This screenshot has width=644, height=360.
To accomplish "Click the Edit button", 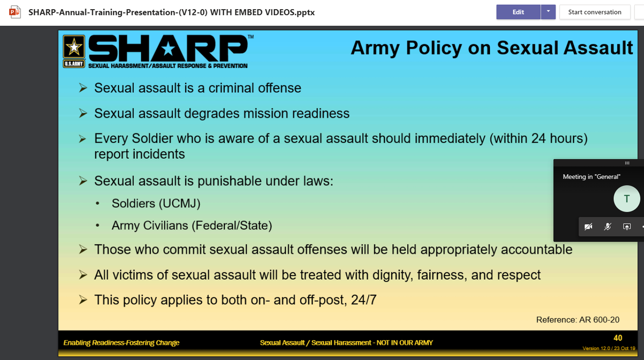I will tap(518, 12).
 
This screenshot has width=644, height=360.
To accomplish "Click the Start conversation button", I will tap(594, 12).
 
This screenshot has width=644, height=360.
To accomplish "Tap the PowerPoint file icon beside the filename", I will tap(14, 12).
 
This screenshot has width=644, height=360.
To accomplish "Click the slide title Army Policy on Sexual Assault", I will tap(492, 48).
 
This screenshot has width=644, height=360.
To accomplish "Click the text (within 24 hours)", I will tap(538, 138).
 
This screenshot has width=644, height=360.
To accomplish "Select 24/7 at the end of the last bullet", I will tap(363, 300).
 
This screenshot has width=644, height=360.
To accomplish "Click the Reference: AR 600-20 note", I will tap(577, 320).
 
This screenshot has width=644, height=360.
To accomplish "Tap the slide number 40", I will tap(618, 338).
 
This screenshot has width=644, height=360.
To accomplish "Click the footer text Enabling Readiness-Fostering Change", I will tap(121, 343).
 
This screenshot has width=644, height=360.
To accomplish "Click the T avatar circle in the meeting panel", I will tap(626, 199).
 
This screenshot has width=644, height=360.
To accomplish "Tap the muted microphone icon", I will tap(607, 227).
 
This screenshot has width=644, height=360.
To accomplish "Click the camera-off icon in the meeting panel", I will tap(588, 227).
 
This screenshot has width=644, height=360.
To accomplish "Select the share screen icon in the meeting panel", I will tap(626, 227).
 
